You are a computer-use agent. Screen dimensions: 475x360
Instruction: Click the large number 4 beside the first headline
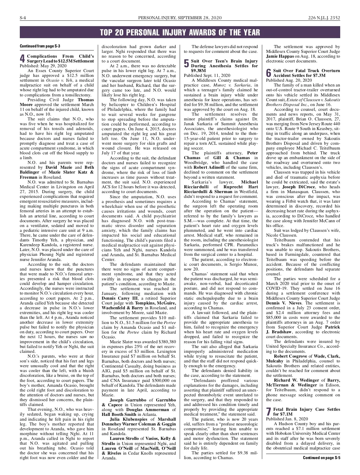point(22,58)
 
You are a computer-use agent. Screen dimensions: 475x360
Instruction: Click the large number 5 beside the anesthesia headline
point(186,63)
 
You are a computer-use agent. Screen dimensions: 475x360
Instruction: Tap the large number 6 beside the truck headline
point(268,73)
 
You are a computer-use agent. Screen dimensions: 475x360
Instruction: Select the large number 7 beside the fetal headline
point(268,411)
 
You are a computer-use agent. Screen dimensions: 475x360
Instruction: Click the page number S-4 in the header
point(23,18)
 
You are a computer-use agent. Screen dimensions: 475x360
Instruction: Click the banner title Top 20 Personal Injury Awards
point(180,32)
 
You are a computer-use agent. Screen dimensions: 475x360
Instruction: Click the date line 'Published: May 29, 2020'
point(43,65)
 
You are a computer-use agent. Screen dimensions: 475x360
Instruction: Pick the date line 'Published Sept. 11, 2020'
point(207,75)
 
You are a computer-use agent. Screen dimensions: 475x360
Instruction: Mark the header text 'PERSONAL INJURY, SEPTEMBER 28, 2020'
point(180,18)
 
